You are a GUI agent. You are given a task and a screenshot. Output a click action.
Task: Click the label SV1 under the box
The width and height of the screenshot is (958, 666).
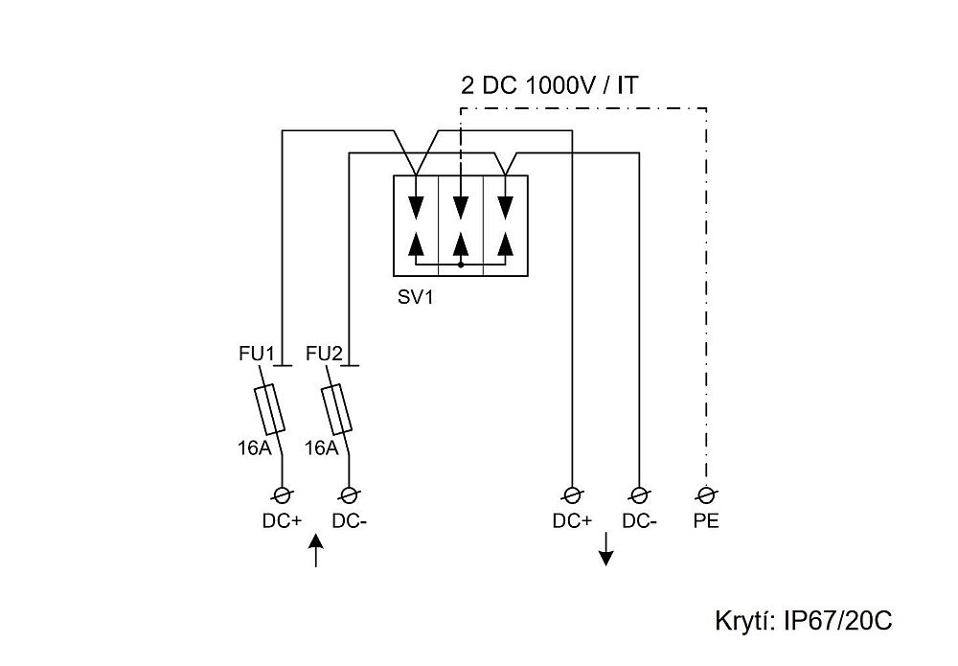tap(416, 297)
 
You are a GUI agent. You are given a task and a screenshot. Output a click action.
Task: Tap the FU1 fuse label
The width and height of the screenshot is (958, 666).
tap(257, 355)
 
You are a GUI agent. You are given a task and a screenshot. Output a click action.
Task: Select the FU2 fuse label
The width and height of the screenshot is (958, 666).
tap(324, 355)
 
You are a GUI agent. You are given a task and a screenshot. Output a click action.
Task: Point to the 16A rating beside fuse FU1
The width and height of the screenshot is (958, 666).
tap(253, 447)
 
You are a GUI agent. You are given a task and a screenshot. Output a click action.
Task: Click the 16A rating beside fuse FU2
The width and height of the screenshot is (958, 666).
tap(320, 447)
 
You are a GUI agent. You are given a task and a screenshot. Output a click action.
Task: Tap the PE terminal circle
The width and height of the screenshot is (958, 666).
tap(707, 494)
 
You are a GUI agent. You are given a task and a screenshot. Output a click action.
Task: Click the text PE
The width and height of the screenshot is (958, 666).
tap(707, 522)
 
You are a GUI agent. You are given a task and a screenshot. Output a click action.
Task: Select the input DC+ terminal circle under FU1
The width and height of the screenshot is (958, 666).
tap(283, 494)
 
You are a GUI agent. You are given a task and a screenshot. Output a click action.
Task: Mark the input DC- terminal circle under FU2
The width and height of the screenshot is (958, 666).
tap(350, 494)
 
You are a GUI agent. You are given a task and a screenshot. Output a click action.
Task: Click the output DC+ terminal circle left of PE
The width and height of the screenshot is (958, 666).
tap(572, 494)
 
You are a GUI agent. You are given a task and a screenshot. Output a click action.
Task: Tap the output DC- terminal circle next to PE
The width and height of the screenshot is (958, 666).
tap(639, 494)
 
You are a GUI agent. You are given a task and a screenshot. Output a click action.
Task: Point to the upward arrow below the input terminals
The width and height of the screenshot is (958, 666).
tap(317, 553)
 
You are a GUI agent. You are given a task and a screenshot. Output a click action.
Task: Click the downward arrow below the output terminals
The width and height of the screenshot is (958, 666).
tap(605, 552)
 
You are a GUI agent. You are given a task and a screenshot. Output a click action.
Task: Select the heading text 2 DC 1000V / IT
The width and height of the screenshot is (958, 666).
tap(550, 86)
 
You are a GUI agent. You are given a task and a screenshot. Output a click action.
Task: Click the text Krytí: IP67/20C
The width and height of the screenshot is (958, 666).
tap(804, 620)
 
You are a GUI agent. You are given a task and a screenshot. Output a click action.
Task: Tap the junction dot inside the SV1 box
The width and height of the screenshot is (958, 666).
tap(461, 264)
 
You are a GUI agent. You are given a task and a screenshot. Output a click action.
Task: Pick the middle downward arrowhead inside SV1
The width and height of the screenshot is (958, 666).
tap(461, 207)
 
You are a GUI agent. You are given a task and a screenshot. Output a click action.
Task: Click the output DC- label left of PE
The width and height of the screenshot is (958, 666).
tap(639, 522)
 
